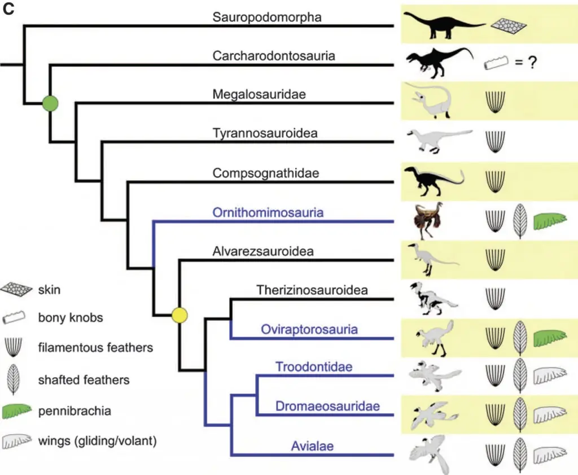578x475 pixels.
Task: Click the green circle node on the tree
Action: point(50,103)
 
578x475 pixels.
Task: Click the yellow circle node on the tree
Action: point(179,315)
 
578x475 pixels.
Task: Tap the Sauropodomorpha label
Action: point(267,17)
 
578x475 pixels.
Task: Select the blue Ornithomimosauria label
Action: point(268,212)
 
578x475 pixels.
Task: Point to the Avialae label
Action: point(312,446)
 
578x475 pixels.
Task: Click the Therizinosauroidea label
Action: point(312,290)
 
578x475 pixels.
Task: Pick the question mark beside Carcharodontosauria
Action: point(532,63)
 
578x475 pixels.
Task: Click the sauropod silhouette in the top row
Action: point(444,25)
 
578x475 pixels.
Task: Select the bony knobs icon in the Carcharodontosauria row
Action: point(496,63)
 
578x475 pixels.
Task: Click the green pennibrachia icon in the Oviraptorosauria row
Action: point(550,338)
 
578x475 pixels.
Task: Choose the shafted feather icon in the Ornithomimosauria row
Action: point(520,221)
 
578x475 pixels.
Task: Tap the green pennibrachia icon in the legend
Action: point(16,411)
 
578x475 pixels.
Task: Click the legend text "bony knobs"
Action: point(71,317)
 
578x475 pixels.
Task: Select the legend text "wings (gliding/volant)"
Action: point(97,441)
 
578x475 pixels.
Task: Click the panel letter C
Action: point(8,9)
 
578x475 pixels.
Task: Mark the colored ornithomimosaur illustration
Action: point(428,220)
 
